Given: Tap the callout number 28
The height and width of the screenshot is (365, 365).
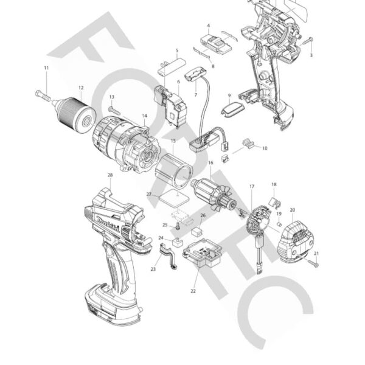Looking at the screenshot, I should [109, 176].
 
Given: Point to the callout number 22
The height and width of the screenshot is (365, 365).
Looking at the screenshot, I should [193, 291].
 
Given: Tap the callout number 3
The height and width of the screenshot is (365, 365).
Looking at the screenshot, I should [312, 55].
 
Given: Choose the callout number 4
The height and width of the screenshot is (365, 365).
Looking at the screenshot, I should [209, 26].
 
